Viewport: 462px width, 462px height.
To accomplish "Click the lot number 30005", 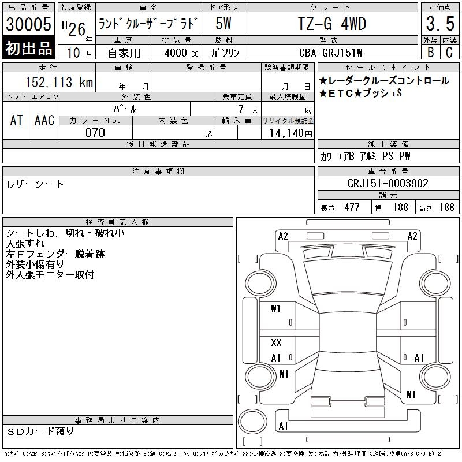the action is pos(28,24).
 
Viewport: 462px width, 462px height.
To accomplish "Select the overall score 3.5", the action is pos(440,24).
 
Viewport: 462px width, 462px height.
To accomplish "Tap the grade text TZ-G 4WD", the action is pos(332,24).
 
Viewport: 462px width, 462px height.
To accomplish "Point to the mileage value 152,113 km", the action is pos(59,82).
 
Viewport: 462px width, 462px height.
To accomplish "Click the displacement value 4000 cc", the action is pos(181,53).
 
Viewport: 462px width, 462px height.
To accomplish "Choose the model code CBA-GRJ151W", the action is pos(330,53).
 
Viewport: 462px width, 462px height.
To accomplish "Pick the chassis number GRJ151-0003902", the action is pos(388,183).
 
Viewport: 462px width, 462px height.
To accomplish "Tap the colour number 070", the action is pos(95,133).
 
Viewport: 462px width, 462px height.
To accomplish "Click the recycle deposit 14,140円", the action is pos(290,133).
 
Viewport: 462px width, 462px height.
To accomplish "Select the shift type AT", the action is pos(17,120).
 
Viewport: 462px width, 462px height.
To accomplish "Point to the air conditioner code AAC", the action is pos(44,120).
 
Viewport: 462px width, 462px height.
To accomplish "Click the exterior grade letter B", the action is pos(430,52).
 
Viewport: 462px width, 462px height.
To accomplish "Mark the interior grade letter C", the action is pos(449,52).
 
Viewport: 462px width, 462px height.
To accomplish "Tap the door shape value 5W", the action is pos(223,24).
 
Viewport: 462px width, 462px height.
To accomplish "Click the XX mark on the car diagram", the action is pos(276,342).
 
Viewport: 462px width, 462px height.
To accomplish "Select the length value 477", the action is pos(352,207).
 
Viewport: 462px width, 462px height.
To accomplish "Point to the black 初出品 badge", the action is pos(28,47).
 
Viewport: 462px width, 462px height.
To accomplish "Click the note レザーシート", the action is pos(35,184).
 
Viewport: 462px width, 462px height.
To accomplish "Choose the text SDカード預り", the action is pos(40,431).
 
